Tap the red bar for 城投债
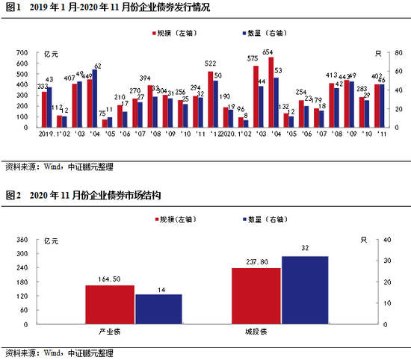(x=256, y=296)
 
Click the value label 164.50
(x=109, y=279)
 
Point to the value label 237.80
(x=256, y=261)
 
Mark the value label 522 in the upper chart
(x=211, y=65)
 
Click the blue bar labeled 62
(x=95, y=98)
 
